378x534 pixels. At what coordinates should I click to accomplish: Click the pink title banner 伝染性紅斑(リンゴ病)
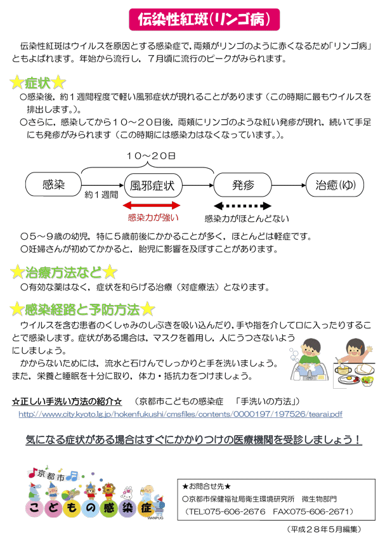pyautogui.click(x=204, y=20)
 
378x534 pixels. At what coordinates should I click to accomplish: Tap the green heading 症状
pyautogui.click(x=37, y=82)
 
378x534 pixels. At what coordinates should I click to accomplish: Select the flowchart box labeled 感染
pyautogui.click(x=53, y=185)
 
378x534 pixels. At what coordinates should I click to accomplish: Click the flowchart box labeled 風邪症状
pyautogui.click(x=153, y=186)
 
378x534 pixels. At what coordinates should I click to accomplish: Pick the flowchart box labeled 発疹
pyautogui.click(x=242, y=185)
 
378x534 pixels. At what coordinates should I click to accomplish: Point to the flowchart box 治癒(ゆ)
pyautogui.click(x=335, y=185)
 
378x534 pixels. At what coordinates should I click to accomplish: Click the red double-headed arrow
pyautogui.click(x=151, y=205)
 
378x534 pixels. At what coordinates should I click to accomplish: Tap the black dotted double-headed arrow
pyautogui.click(x=242, y=205)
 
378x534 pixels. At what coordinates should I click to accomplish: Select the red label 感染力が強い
pyautogui.click(x=153, y=218)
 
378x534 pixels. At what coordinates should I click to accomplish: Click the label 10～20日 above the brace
pyautogui.click(x=151, y=156)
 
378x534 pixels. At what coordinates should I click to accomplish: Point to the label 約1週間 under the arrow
pyautogui.click(x=101, y=195)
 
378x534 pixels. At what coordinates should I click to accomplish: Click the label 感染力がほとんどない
pyautogui.click(x=247, y=219)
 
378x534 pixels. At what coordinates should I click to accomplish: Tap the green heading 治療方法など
pyautogui.click(x=63, y=272)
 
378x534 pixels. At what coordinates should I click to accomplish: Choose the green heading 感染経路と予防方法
pyautogui.click(x=82, y=309)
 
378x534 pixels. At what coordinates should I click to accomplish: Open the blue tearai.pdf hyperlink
pyautogui.click(x=180, y=414)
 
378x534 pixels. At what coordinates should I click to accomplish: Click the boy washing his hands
pyautogui.click(x=310, y=360)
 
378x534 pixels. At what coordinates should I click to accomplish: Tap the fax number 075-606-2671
pyautogui.click(x=327, y=512)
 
